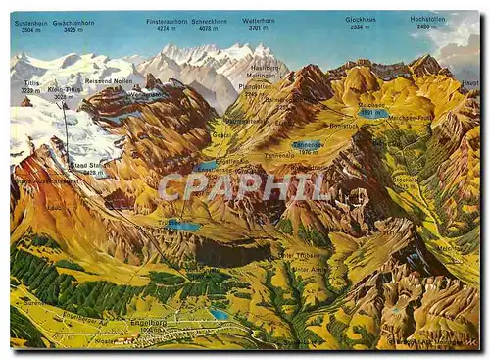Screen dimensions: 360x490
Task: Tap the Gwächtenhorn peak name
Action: [x=74, y=21]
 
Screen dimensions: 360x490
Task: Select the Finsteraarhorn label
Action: [x=168, y=21]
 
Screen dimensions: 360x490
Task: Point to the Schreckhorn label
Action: [x=210, y=21]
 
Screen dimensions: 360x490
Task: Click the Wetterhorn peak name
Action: [x=259, y=21]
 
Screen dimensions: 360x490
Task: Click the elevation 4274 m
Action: [x=167, y=29]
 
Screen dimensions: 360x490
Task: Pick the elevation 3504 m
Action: [x=31, y=30]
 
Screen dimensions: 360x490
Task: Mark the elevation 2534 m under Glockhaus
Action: [x=360, y=27]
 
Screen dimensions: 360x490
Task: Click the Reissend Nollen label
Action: [x=108, y=81]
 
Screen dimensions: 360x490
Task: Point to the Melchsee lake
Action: [x=372, y=113]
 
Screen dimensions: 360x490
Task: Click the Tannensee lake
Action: [x=307, y=145]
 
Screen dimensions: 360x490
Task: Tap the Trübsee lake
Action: [x=182, y=226]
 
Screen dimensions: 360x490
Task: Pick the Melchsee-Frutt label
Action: [x=411, y=118]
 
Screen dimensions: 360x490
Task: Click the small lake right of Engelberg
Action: [x=220, y=314]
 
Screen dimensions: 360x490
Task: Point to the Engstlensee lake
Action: [x=206, y=166]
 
